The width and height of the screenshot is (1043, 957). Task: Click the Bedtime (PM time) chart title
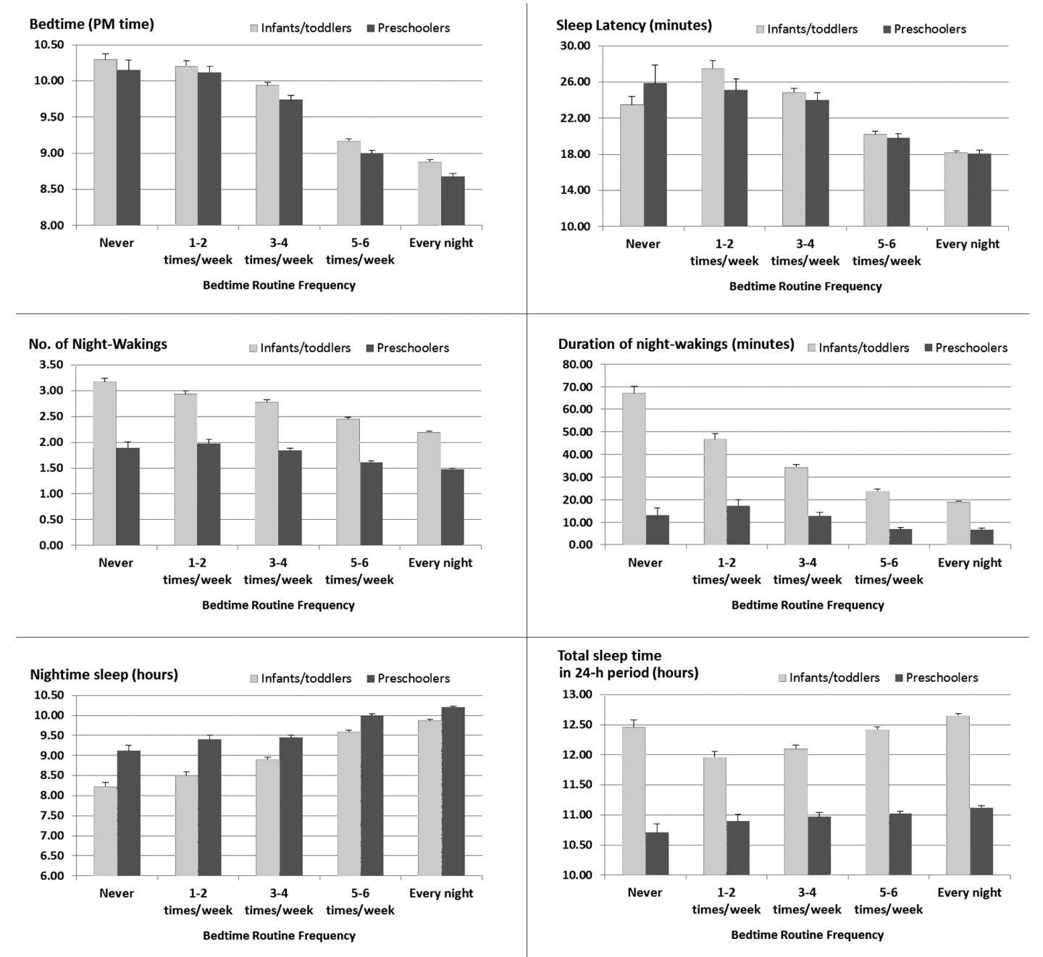pos(91,24)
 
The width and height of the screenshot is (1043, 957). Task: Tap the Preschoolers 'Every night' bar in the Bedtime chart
pos(453,201)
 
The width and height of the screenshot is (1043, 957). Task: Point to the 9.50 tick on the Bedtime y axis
pos(49,117)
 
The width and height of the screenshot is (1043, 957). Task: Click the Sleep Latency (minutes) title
pos(634,25)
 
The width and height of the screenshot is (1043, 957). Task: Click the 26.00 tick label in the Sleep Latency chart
pos(576,82)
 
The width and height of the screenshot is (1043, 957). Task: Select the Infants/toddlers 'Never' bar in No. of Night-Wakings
pos(104,463)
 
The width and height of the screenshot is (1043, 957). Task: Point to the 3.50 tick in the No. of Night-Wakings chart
pos(49,365)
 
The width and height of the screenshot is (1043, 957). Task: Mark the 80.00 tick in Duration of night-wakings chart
pos(577,365)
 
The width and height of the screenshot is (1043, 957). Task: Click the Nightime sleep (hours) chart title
pos(104,675)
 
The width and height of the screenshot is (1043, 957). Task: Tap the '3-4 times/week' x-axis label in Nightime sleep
pos(279,901)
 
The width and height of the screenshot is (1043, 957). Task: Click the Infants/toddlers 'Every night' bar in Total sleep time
pos(958,795)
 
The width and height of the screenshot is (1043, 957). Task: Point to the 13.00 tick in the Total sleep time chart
pos(577,695)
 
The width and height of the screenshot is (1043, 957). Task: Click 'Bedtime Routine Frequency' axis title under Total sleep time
pos(807,935)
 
